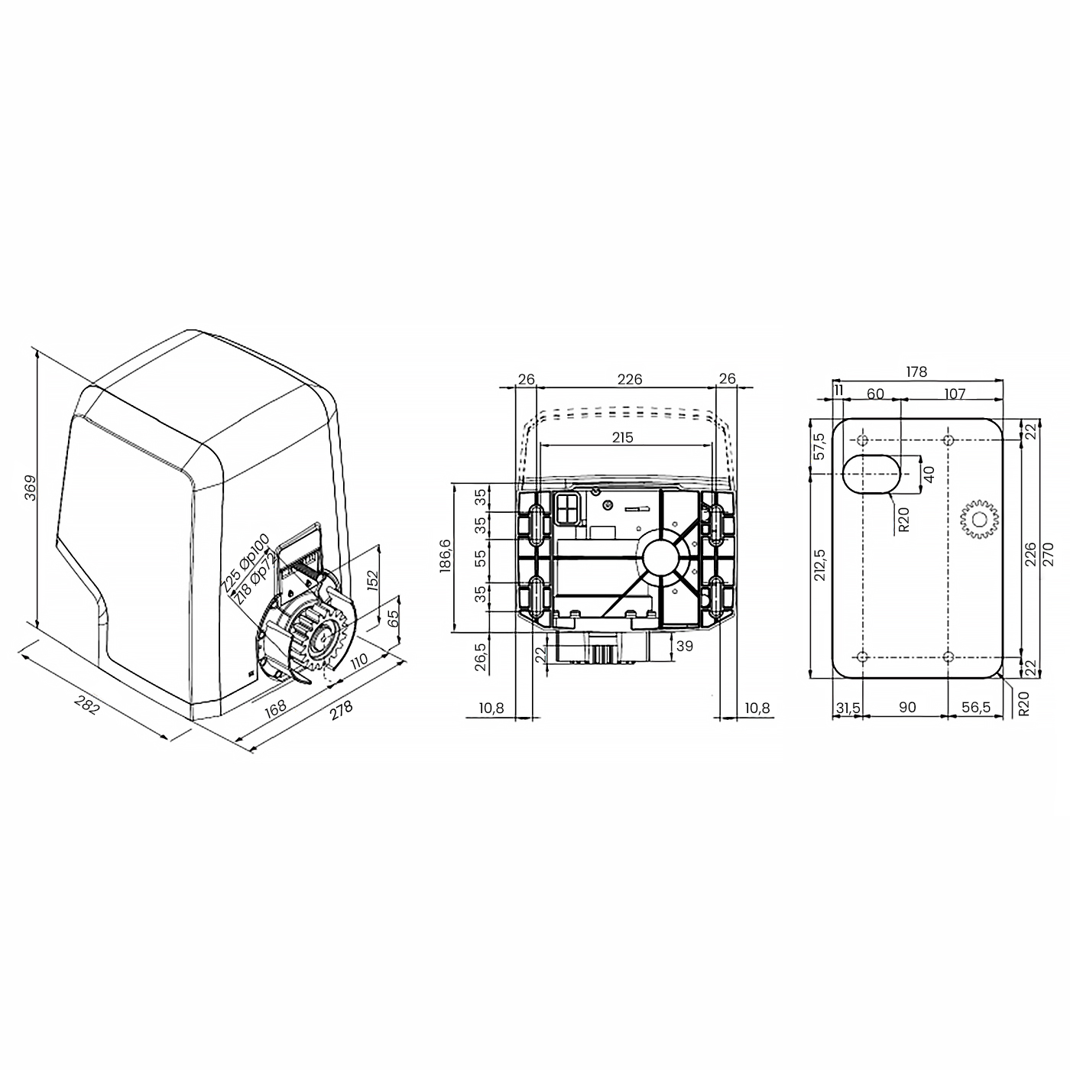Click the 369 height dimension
coord(31,488)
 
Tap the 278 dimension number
coord(342,710)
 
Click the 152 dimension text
coord(372,581)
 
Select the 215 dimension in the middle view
coord(622,437)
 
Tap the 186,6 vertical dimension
coord(446,556)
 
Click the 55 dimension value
coord(481,557)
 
